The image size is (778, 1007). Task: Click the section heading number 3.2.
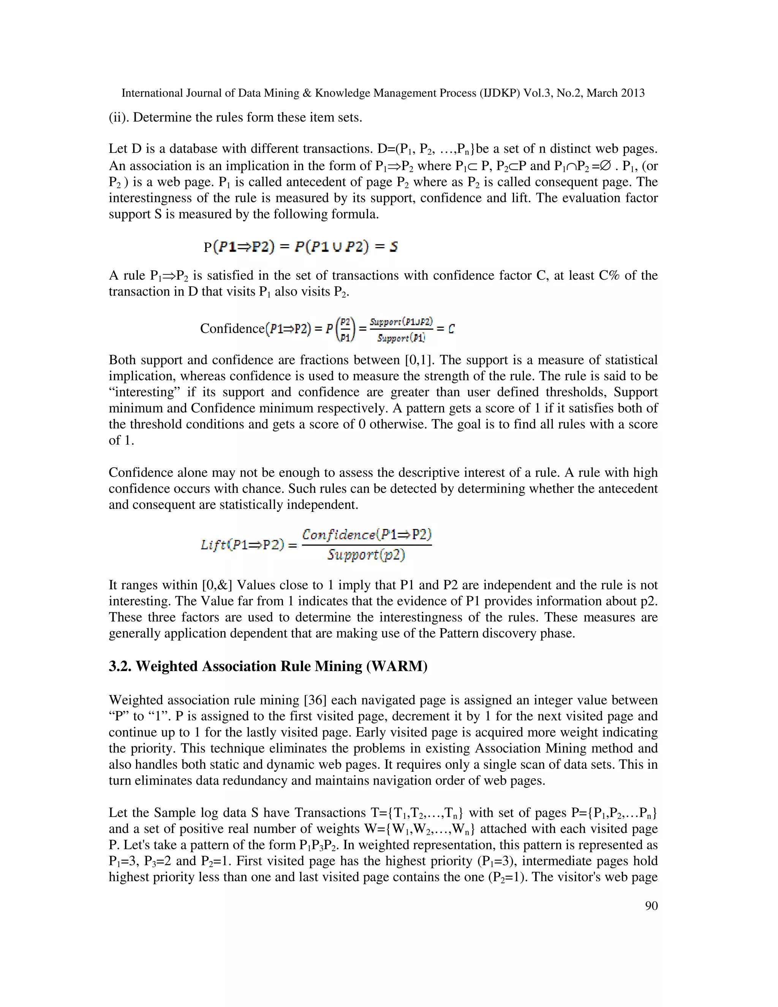(x=120, y=666)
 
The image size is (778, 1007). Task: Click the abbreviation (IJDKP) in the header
(x=499, y=93)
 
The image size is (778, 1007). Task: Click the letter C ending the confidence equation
(x=451, y=329)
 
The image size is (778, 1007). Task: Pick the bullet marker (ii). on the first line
(x=119, y=117)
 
